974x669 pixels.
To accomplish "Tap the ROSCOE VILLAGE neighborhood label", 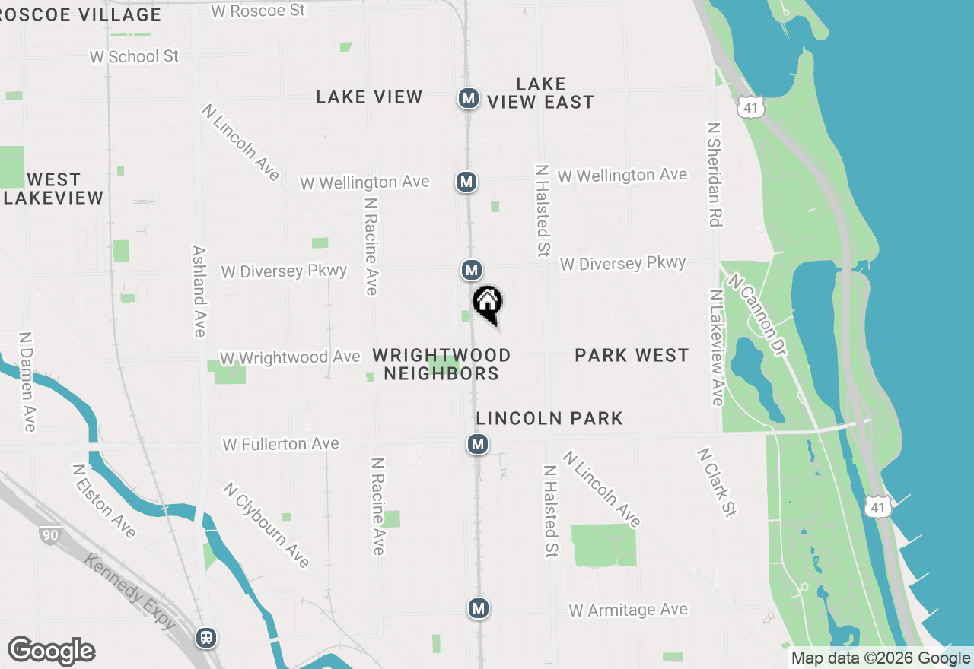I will tap(81, 14).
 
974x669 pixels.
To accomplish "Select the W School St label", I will tap(134, 56).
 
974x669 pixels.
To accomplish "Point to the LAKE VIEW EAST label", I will tap(541, 93).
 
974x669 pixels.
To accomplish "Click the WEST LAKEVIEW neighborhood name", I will tap(53, 189).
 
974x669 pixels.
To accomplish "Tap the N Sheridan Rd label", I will tap(714, 175).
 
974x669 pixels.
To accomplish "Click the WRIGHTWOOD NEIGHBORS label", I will tap(441, 364).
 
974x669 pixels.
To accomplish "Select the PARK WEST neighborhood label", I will tap(632, 355).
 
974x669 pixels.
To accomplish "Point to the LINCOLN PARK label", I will tap(549, 418).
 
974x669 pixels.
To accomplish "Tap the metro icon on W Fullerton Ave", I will tap(478, 443).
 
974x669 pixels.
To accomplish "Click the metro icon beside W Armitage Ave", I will tap(479, 608).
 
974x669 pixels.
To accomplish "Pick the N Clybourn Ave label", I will tap(266, 525).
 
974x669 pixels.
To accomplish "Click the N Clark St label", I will tap(717, 482).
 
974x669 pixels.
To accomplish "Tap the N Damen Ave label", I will tap(27, 381).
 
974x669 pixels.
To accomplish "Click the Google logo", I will tap(52, 651).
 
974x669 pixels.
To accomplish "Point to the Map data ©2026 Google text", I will tap(880, 658).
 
